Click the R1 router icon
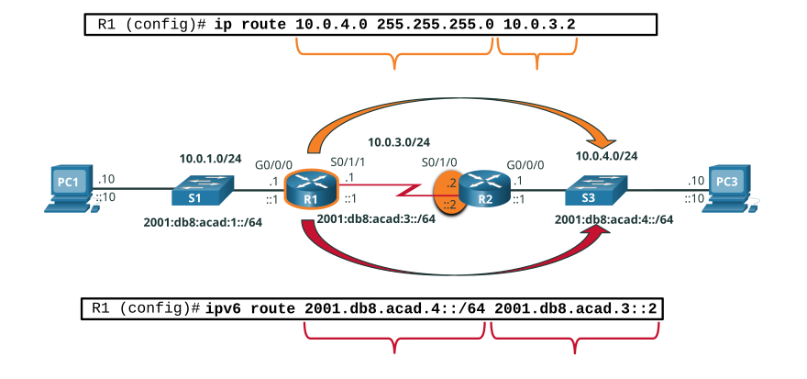point(312,189)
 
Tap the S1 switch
point(203,191)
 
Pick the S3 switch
point(596,191)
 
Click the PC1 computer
point(70,189)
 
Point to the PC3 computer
point(731,189)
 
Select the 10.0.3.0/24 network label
point(400,140)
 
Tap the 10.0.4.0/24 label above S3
point(607,156)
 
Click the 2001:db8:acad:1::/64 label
point(204,224)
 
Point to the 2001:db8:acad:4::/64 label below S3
point(614,219)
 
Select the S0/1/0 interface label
point(440,164)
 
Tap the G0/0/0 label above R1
point(274,165)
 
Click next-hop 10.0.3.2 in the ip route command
point(539,24)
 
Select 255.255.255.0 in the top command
point(435,24)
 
